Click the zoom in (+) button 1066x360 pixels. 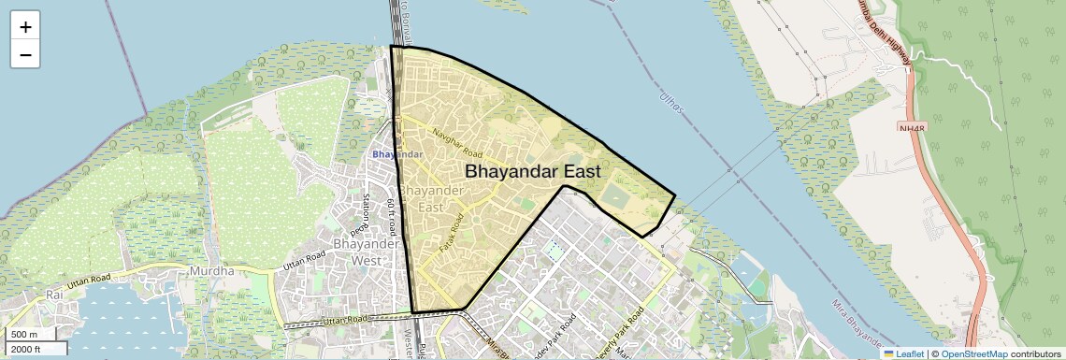pyautogui.click(x=25, y=27)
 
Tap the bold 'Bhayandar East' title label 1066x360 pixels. pyautogui.click(x=532, y=172)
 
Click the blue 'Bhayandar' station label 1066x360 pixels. pyautogui.click(x=397, y=153)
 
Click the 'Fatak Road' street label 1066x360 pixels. pyautogui.click(x=452, y=235)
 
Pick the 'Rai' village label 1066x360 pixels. pyautogui.click(x=53, y=295)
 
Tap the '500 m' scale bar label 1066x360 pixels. pyautogui.click(x=24, y=335)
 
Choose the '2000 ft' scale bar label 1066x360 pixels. pyautogui.click(x=26, y=349)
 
